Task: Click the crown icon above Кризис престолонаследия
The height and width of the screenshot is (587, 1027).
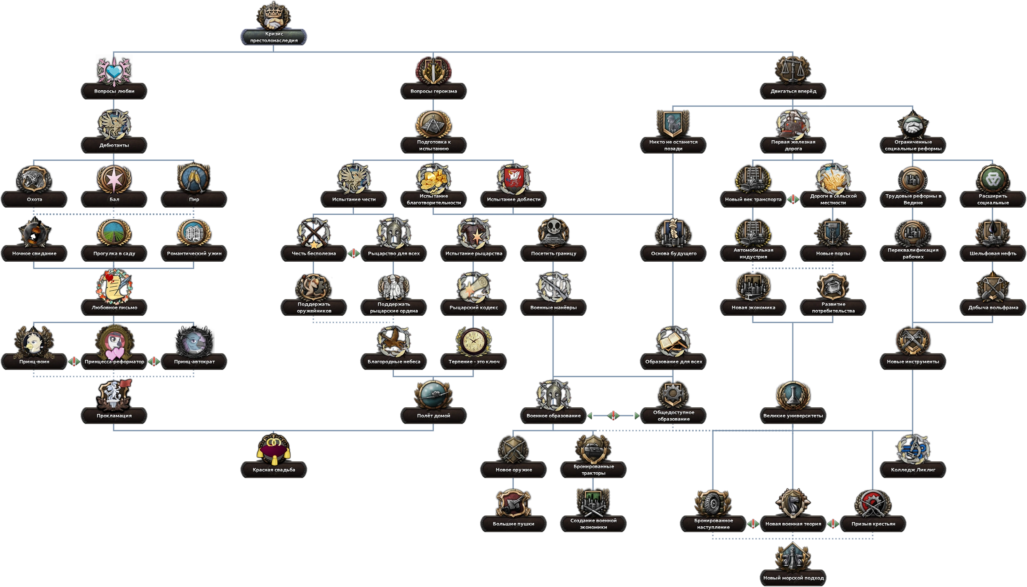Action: pos(273,16)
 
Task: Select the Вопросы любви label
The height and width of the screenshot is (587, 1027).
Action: pos(114,91)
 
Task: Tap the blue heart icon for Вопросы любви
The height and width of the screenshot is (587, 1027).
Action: pos(114,71)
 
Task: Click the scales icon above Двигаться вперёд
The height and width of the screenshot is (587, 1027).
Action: pos(793,70)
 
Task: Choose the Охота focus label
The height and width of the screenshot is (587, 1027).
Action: pos(35,199)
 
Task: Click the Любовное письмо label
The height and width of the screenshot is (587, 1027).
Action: pos(114,307)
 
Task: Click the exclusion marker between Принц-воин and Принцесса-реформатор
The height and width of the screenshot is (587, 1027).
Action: pos(74,362)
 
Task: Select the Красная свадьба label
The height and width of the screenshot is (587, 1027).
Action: pos(273,470)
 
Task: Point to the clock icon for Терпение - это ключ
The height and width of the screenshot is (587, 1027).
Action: pos(474,341)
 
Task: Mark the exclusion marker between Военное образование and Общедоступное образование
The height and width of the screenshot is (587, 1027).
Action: pos(613,416)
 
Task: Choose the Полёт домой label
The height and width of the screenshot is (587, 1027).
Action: pos(434,416)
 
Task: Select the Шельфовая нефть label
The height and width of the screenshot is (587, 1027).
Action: pos(992,253)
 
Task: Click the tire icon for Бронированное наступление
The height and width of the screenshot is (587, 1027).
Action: pos(713,503)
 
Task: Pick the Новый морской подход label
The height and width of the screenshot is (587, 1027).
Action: pos(793,578)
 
